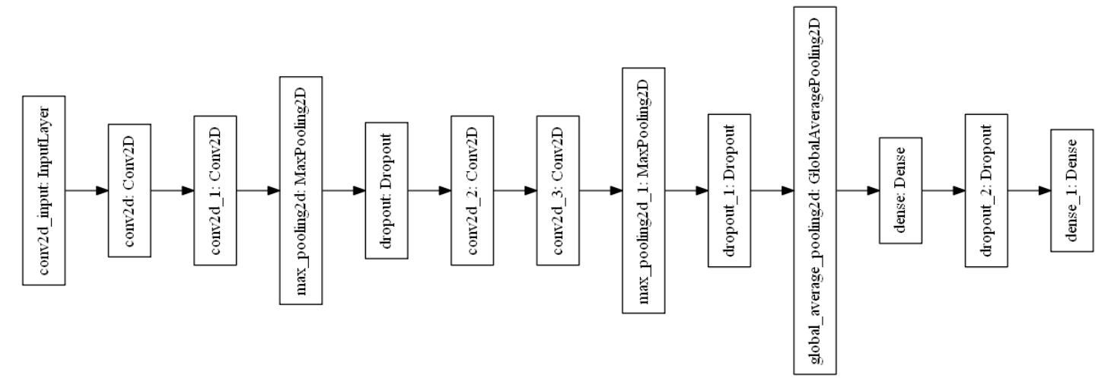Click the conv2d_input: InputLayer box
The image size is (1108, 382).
tap(44, 190)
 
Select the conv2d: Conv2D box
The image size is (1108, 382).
tap(130, 190)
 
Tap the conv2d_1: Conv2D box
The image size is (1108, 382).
tap(215, 190)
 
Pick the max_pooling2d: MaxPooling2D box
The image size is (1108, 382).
tap(301, 190)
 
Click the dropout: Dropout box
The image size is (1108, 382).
tap(387, 190)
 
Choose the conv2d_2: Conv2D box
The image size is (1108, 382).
tap(473, 190)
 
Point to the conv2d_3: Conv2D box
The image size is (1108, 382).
tap(558, 190)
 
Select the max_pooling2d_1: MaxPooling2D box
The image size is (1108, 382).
tap(644, 190)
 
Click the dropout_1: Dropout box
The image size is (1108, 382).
tap(729, 190)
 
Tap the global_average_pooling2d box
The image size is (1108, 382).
tap(815, 190)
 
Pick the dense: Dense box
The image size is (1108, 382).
tap(900, 190)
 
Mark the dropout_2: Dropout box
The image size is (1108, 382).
tap(986, 190)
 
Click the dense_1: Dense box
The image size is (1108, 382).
tap(1071, 190)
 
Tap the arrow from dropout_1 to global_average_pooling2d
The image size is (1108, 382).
tap(772, 190)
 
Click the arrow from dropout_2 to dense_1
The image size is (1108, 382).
tap(1029, 190)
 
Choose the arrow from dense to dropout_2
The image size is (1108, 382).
tap(944, 190)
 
